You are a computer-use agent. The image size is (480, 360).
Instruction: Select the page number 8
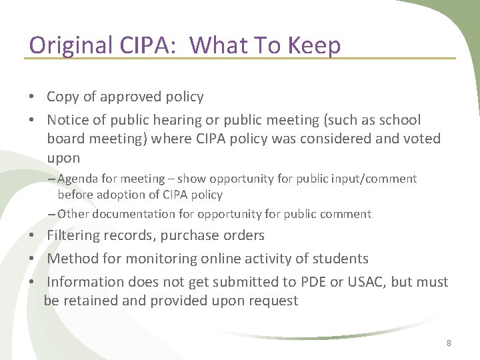pyautogui.click(x=449, y=343)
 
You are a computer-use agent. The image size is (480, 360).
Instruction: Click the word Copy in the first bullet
pyautogui.click(x=63, y=97)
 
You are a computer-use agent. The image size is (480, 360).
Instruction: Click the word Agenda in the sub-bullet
pyautogui.click(x=79, y=179)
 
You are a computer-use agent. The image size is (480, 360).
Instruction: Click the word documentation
pyautogui.click(x=131, y=214)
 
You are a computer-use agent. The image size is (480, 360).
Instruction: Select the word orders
pyautogui.click(x=244, y=235)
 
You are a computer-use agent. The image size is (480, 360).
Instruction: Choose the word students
pyautogui.click(x=340, y=259)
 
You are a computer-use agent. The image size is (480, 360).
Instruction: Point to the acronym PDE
pyautogui.click(x=309, y=281)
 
